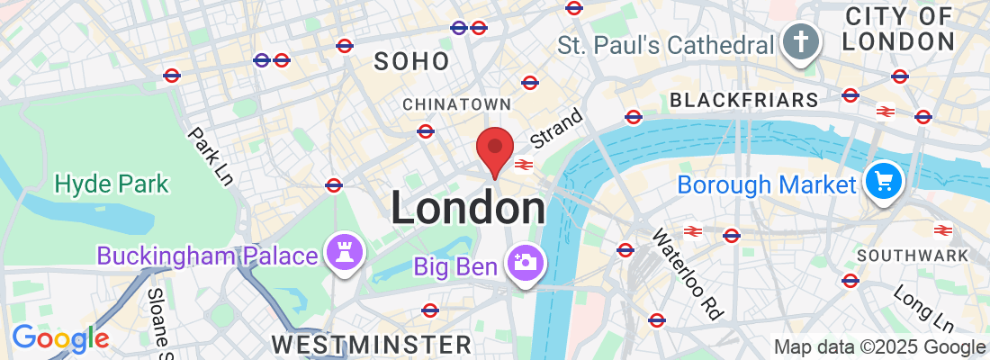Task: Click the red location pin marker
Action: coord(494,148)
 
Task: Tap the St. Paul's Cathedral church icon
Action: coord(797,42)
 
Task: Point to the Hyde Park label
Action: coord(112,184)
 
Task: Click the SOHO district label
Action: coord(411,61)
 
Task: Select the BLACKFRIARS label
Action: coord(744,99)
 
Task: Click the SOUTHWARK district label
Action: coord(913,256)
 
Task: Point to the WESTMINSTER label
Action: coord(371,345)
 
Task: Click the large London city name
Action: coord(467,209)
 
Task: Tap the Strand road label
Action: coord(556,129)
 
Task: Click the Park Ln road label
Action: coord(210,156)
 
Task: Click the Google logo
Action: coord(60,338)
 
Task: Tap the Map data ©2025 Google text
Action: coord(880,347)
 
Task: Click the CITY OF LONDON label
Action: coord(899,28)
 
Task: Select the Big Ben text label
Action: coord(456,266)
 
